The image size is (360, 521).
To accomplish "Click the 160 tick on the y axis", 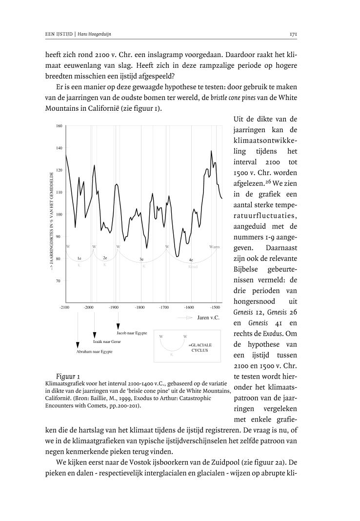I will [59, 126].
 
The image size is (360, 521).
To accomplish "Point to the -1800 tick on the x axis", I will [140, 307].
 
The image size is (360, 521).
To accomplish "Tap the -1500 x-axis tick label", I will [216, 307].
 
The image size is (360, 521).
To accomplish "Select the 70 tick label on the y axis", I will [59, 281].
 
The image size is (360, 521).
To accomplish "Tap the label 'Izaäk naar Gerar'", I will [107, 341].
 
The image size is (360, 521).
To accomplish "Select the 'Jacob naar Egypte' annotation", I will [132, 333].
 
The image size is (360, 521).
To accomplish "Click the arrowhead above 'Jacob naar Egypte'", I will [118, 325].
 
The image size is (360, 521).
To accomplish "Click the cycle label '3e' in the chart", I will [141, 259].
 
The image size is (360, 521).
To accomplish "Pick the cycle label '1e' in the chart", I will [79, 258].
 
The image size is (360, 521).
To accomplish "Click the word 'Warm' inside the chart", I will [214, 247].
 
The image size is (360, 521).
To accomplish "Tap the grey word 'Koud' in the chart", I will [193, 267].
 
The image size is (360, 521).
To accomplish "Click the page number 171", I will [294, 35].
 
